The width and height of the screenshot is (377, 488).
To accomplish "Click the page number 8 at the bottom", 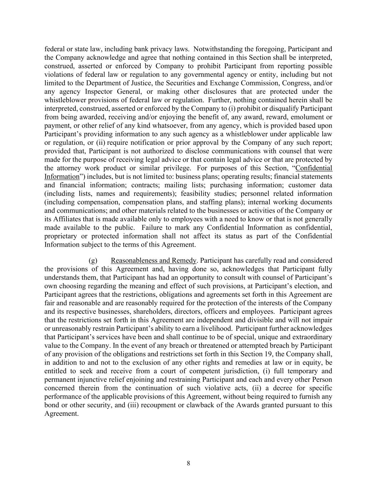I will click(x=188, y=463).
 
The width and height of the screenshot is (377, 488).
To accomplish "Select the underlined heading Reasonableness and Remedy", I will click(x=153, y=260).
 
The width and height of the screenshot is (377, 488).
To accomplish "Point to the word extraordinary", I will click(x=309, y=337).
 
